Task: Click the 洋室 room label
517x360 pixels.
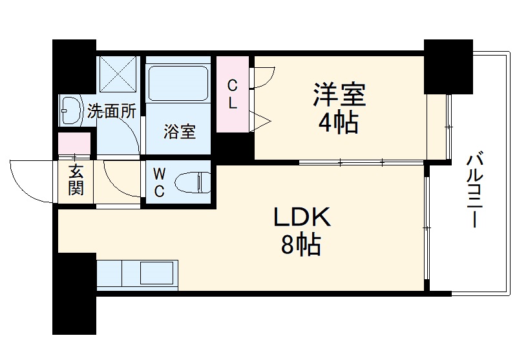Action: click(x=339, y=96)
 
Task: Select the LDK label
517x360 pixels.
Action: click(x=301, y=218)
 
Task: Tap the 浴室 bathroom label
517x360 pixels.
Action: click(x=179, y=132)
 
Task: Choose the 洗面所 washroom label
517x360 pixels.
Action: click(x=111, y=111)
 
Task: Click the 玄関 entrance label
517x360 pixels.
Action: click(x=76, y=182)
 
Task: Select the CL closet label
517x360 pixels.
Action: click(x=233, y=93)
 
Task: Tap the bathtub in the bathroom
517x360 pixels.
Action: click(x=178, y=81)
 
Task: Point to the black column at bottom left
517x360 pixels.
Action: click(x=74, y=294)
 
